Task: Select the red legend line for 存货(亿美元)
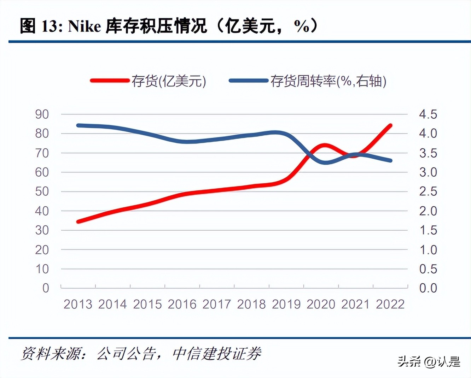[110, 81]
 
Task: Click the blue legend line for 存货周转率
[248, 81]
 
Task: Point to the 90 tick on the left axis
[42, 114]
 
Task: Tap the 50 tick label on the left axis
[42, 191]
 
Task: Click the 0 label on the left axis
[46, 288]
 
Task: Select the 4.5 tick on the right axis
[428, 114]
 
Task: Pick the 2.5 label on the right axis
[428, 191]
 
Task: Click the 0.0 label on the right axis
[428, 288]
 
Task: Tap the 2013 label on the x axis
[78, 304]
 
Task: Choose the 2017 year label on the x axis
[216, 304]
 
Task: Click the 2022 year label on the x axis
[390, 304]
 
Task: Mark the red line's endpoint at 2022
[390, 125]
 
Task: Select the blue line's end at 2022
[390, 160]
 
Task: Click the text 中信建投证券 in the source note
[217, 353]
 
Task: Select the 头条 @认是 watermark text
[429, 361]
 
